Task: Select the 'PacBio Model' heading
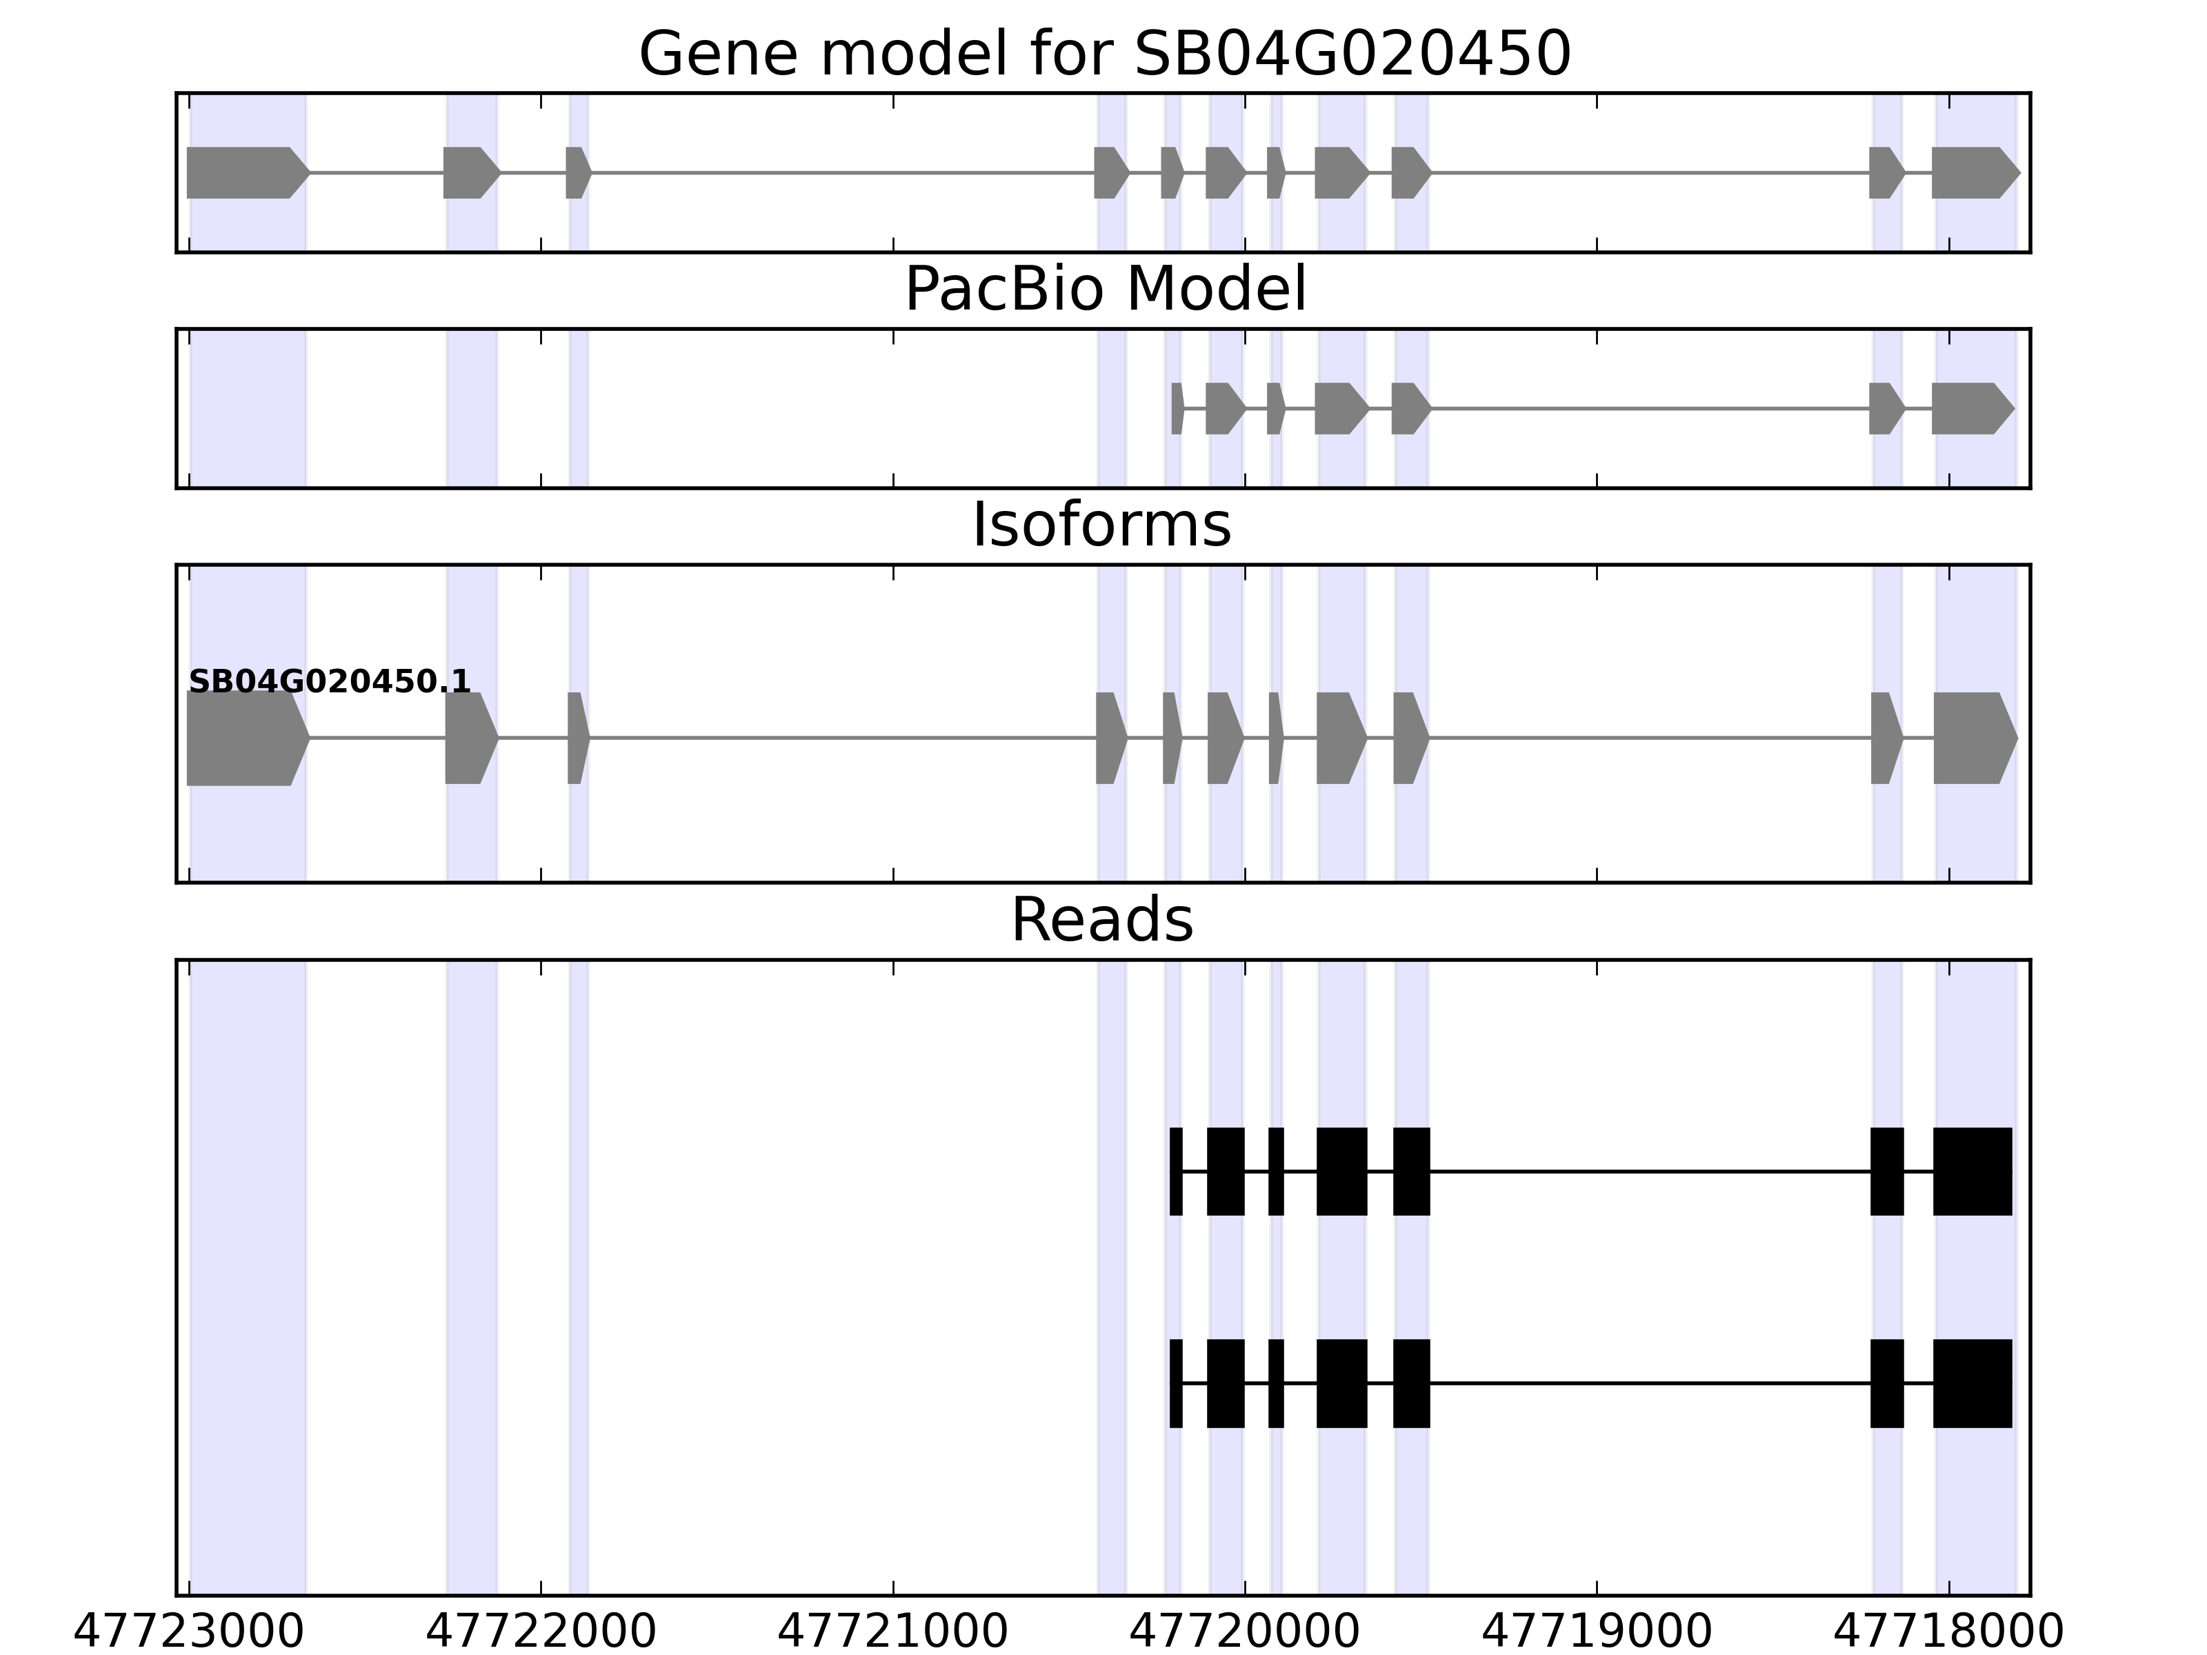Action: click(1104, 290)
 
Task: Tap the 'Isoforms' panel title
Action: click(1101, 525)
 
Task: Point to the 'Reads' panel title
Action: click(1101, 920)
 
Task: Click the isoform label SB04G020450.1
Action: click(329, 683)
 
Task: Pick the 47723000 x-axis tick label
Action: click(188, 1632)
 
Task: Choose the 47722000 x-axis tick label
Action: click(541, 1632)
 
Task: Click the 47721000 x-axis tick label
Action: click(893, 1632)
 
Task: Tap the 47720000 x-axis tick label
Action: click(1244, 1632)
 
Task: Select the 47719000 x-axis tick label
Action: click(1597, 1632)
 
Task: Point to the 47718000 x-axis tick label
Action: click(1948, 1632)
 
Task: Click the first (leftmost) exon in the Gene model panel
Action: click(244, 172)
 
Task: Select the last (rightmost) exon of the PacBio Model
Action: click(1970, 408)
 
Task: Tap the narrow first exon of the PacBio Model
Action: click(1177, 408)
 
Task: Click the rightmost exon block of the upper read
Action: click(1972, 1171)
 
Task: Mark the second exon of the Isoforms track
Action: click(469, 739)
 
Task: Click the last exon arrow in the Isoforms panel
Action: click(1973, 739)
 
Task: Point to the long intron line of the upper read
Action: click(1649, 1171)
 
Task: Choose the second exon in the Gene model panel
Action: click(469, 172)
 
